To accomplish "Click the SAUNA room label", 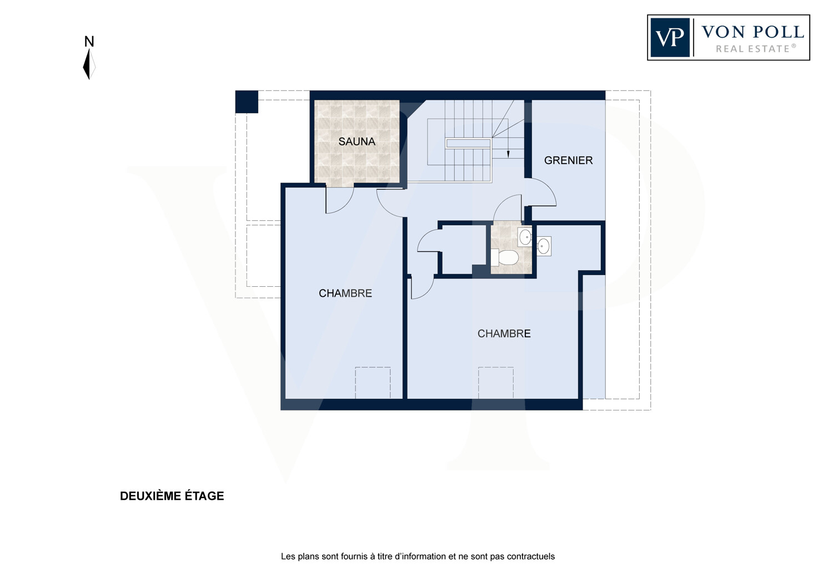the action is pyautogui.click(x=357, y=141).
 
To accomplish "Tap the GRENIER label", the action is pyautogui.click(x=568, y=160).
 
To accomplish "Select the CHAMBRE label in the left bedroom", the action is pyautogui.click(x=345, y=293).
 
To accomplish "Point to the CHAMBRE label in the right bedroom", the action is pyautogui.click(x=504, y=333).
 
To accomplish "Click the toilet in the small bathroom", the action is pyautogui.click(x=505, y=257).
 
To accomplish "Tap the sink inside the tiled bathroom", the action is pyautogui.click(x=525, y=237).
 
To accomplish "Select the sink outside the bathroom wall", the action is pyautogui.click(x=543, y=246).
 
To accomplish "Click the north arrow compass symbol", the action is pyautogui.click(x=89, y=64).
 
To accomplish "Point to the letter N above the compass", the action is pyautogui.click(x=89, y=42).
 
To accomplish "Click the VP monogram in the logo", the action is pyautogui.click(x=670, y=38).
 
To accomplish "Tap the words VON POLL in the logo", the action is pyautogui.click(x=753, y=32).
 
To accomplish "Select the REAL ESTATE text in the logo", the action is pyautogui.click(x=756, y=49).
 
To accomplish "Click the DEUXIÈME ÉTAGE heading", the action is pyautogui.click(x=172, y=496).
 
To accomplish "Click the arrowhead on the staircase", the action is pyautogui.click(x=508, y=154).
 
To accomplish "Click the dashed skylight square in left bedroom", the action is pyautogui.click(x=373, y=383).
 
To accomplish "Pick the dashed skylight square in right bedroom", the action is pyautogui.click(x=496, y=383).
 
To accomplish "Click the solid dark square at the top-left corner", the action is pyautogui.click(x=247, y=102).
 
